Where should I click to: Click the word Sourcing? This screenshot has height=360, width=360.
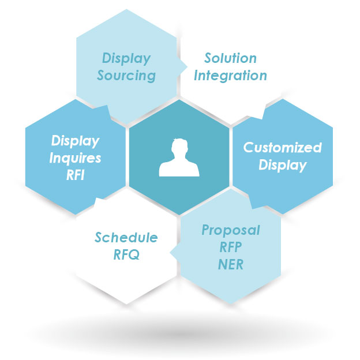point(126,76)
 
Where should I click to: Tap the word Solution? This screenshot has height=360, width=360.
point(231,59)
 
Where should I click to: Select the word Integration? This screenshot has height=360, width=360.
point(230,76)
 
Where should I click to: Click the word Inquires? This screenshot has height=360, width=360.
point(76,157)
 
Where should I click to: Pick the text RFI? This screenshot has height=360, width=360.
point(76,175)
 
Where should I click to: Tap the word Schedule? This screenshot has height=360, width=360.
point(126,238)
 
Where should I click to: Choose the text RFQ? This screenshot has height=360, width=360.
point(126,254)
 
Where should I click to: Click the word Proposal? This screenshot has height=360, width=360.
point(231,231)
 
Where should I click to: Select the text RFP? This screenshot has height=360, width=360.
point(231,248)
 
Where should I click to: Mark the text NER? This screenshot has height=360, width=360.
point(231,265)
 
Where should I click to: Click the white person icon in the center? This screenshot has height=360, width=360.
point(179,158)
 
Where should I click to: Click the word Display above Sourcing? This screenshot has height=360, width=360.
point(126,59)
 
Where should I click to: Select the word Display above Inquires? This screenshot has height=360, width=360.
point(76,141)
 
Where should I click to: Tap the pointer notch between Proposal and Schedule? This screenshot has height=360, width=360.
point(173,250)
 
